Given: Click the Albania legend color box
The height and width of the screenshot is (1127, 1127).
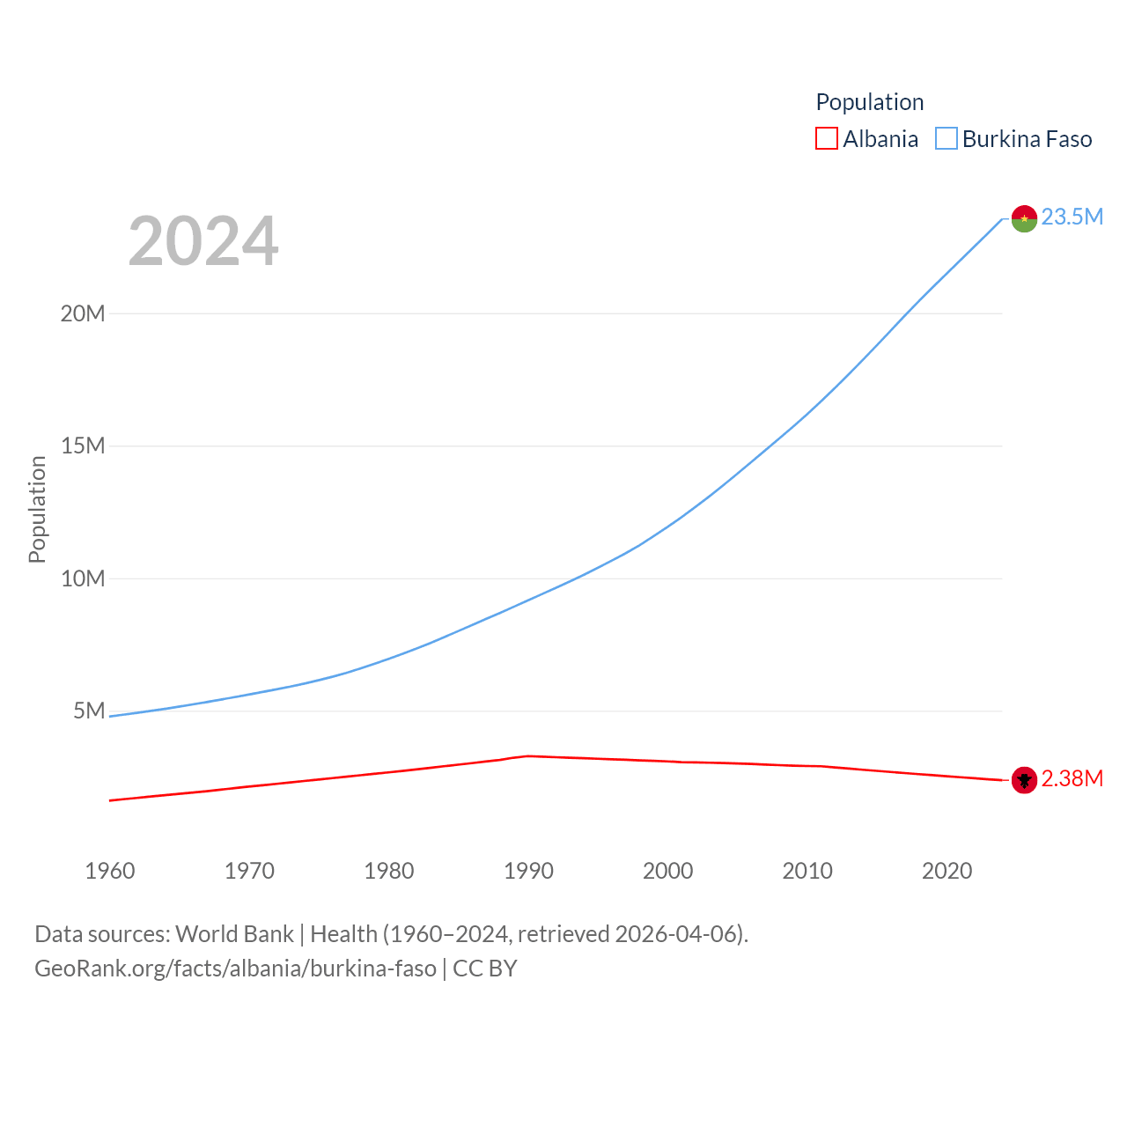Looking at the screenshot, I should tap(826, 139).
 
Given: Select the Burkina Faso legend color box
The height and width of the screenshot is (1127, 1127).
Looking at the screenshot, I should tap(946, 139).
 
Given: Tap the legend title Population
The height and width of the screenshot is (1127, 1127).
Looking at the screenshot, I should tap(870, 102).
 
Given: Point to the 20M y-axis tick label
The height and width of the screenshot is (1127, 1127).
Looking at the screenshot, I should tap(83, 313).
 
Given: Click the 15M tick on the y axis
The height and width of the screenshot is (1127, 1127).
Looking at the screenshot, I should tap(83, 446).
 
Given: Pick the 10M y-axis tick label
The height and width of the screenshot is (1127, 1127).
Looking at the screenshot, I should tap(83, 578).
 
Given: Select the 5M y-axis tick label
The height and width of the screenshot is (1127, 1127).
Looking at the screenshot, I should tap(89, 711).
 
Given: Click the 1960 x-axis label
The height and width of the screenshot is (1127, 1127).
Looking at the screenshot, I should tap(110, 871).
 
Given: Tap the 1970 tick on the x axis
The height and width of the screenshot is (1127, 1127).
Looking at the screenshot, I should tap(249, 871).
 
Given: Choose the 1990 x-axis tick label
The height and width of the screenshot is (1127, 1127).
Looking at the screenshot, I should tap(528, 871).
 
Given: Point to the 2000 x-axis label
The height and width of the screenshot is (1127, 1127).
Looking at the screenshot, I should tap(668, 871).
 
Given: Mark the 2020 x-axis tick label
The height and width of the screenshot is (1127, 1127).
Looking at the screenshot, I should tap(947, 871).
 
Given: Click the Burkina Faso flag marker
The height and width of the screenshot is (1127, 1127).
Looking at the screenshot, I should tap(1024, 218).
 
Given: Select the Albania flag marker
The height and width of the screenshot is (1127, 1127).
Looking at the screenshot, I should tap(1024, 780).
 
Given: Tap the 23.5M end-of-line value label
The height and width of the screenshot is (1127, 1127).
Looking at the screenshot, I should tap(1072, 217).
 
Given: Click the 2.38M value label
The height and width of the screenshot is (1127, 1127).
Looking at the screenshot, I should tap(1072, 778).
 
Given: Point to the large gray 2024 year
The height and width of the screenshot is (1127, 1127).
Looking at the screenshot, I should tap(203, 241).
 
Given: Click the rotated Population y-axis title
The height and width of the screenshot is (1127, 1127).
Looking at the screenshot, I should tap(37, 509).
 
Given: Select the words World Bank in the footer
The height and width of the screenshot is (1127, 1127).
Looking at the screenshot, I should tap(234, 934).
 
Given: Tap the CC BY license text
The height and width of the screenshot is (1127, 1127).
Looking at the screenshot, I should tap(484, 969).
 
